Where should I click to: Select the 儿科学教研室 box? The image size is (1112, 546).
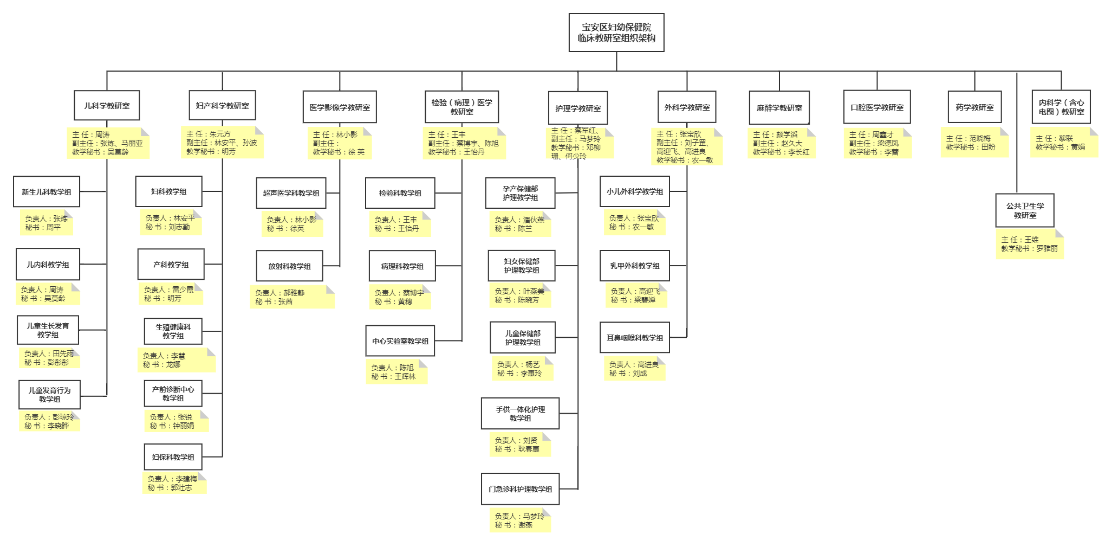coord(107,105)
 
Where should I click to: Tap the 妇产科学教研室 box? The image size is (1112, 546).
coord(222,105)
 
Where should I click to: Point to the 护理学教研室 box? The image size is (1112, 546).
coord(578,108)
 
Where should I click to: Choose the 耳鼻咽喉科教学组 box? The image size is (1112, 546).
coord(634,337)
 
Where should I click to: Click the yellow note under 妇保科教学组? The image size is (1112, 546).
coord(174,483)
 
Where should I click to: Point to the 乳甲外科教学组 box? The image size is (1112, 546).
coord(634,266)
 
